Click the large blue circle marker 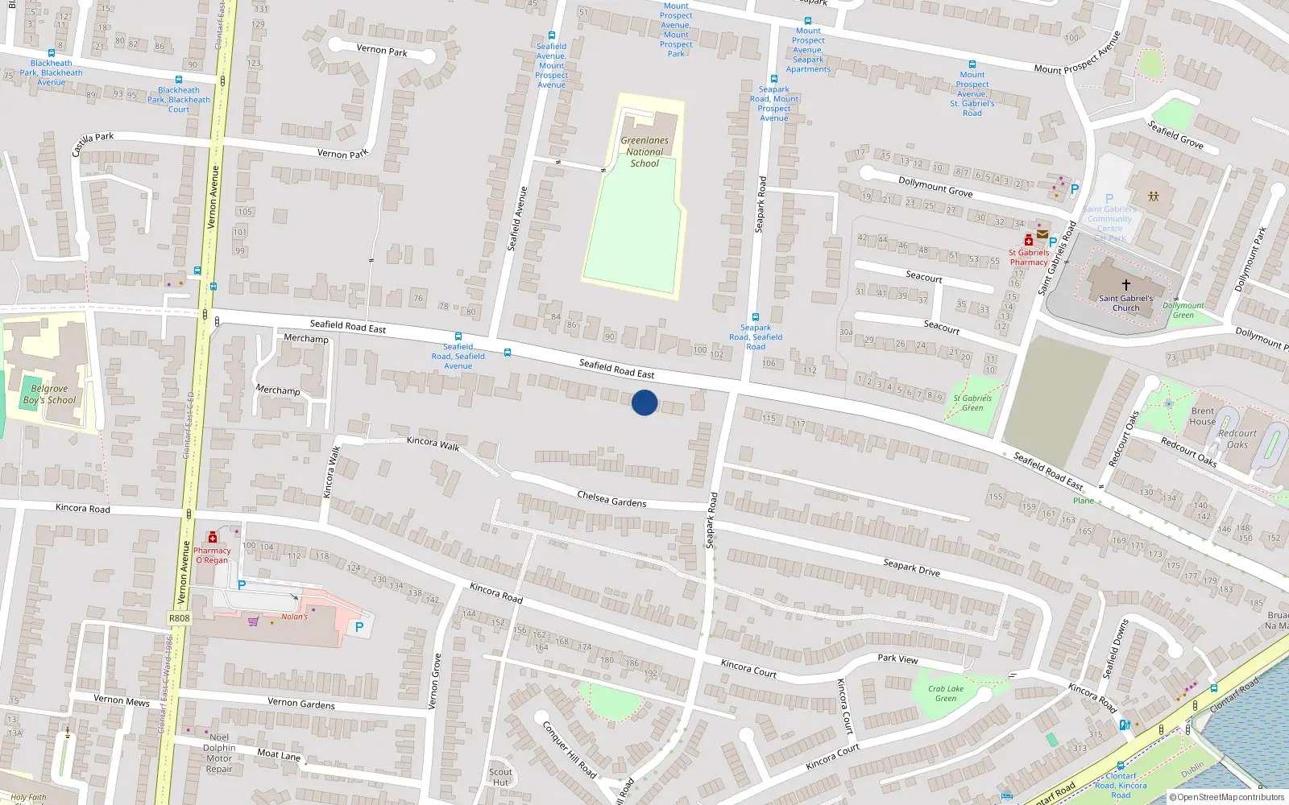coord(644,402)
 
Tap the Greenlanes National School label coord(644,152)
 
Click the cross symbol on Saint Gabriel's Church coord(1126,284)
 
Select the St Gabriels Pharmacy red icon coord(1029,240)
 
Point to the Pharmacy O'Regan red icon coord(213,538)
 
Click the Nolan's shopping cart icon coord(254,621)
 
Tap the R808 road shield coord(180,618)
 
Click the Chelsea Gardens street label coord(611,499)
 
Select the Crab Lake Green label coord(945,693)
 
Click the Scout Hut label coord(500,777)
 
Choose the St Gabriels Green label coord(972,402)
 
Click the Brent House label coord(1203,416)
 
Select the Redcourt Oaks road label coord(1188,452)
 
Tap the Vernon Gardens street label coord(301,703)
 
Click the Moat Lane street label coord(279,755)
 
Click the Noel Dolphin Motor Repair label coord(219,753)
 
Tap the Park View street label coord(897,658)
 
